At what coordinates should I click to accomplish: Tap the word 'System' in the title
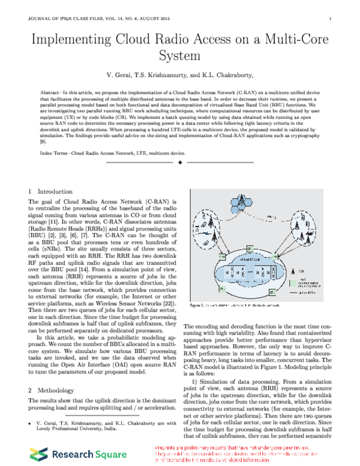pyautogui.click(x=179, y=57)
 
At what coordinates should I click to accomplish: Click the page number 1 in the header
pyautogui.click(x=331, y=19)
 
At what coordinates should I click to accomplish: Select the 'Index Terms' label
pyautogui.click(x=55, y=153)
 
